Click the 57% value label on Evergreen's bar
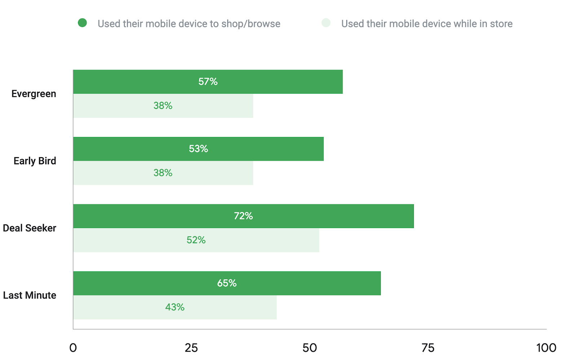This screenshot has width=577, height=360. pyautogui.click(x=208, y=82)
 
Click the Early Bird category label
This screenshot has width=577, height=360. pyautogui.click(x=35, y=161)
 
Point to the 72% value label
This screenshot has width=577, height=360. pyautogui.click(x=243, y=216)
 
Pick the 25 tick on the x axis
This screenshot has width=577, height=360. pyautogui.click(x=191, y=348)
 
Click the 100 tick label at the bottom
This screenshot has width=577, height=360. pyautogui.click(x=546, y=348)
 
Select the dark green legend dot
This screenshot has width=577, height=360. pyautogui.click(x=82, y=23)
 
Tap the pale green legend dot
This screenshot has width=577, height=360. pyautogui.click(x=326, y=23)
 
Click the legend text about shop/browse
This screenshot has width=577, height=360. pyautogui.click(x=189, y=24)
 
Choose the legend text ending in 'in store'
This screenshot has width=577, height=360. pyautogui.click(x=427, y=24)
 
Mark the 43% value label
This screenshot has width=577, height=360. pyautogui.click(x=175, y=307)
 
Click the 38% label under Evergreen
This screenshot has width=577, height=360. pyautogui.click(x=163, y=106)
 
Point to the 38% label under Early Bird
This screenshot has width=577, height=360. pyautogui.click(x=163, y=173)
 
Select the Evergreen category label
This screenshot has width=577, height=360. pyautogui.click(x=34, y=94)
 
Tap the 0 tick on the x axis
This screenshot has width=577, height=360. pyautogui.click(x=73, y=348)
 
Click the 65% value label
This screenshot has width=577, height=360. pyautogui.click(x=226, y=283)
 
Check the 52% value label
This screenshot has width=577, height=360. pyautogui.click(x=196, y=240)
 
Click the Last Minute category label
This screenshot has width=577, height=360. pyautogui.click(x=30, y=295)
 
